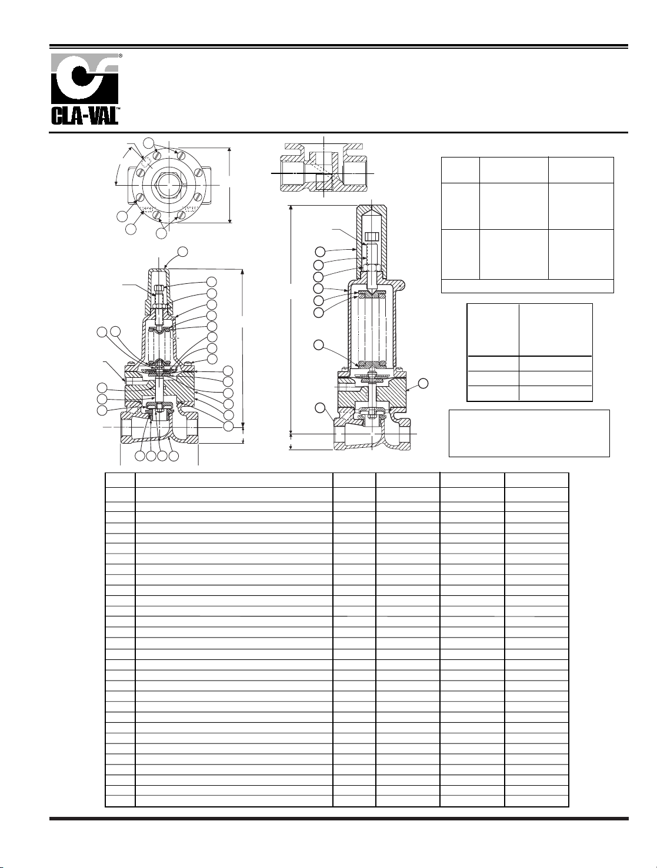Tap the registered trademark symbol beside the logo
(x=121, y=56)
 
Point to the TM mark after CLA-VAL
(x=118, y=108)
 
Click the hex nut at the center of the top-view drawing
(x=169, y=185)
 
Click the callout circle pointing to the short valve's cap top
(x=182, y=252)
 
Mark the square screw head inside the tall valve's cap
(x=372, y=236)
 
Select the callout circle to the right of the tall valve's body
(x=423, y=383)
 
